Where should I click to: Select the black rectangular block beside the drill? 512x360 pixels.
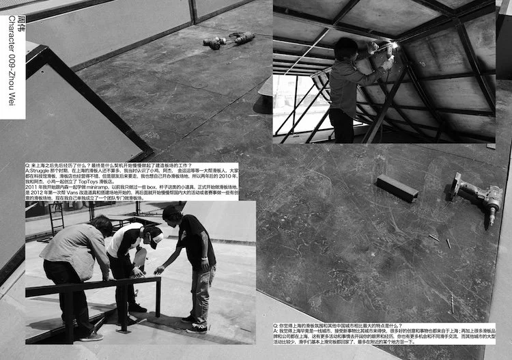pos(397,187)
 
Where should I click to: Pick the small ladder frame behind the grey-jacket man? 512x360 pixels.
pos(57,218)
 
